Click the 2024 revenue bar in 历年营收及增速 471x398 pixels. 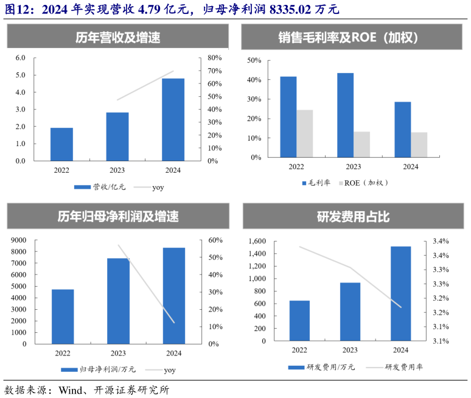173,119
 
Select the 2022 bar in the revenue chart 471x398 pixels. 61,144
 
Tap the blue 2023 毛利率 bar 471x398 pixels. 345,115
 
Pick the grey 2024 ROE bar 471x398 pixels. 419,145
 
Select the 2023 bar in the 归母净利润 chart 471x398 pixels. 118,301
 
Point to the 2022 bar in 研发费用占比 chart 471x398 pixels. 299,322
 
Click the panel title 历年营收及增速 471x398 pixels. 118,38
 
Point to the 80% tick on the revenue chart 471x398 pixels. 215,58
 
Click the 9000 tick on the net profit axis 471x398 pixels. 18,240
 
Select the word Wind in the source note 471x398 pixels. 71,389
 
